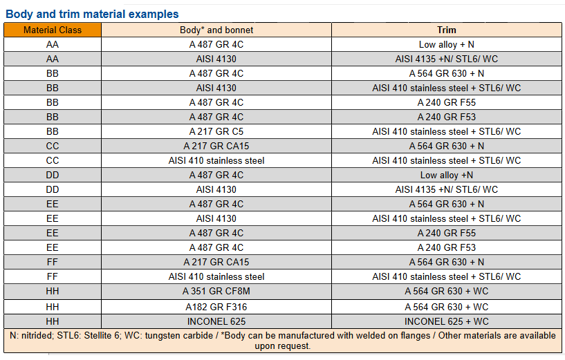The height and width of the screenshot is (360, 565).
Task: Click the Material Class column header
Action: [53, 30]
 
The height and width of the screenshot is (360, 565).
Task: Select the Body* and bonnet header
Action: [216, 30]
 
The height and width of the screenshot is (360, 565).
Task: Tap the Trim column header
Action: [447, 30]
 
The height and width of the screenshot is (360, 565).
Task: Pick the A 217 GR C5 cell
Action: [216, 131]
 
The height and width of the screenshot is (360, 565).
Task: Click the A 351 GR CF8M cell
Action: [216, 291]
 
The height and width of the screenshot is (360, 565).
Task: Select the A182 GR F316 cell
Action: [216, 307]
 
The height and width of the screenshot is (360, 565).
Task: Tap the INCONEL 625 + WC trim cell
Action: [447, 321]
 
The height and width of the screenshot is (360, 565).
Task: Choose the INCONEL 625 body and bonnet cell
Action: [216, 321]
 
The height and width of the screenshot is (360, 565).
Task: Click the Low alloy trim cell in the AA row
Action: [447, 44]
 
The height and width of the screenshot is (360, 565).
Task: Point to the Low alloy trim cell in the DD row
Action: [447, 175]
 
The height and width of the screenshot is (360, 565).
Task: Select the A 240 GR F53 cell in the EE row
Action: [447, 247]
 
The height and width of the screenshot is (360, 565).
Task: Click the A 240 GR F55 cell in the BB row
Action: [447, 102]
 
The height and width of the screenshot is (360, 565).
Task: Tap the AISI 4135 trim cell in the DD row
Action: [447, 189]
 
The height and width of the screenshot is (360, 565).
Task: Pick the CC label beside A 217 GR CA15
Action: [53, 146]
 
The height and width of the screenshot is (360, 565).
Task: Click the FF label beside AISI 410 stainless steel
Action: [53, 276]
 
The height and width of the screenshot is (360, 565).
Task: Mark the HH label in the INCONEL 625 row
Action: [53, 321]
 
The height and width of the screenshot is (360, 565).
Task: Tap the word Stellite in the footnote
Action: [99, 336]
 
